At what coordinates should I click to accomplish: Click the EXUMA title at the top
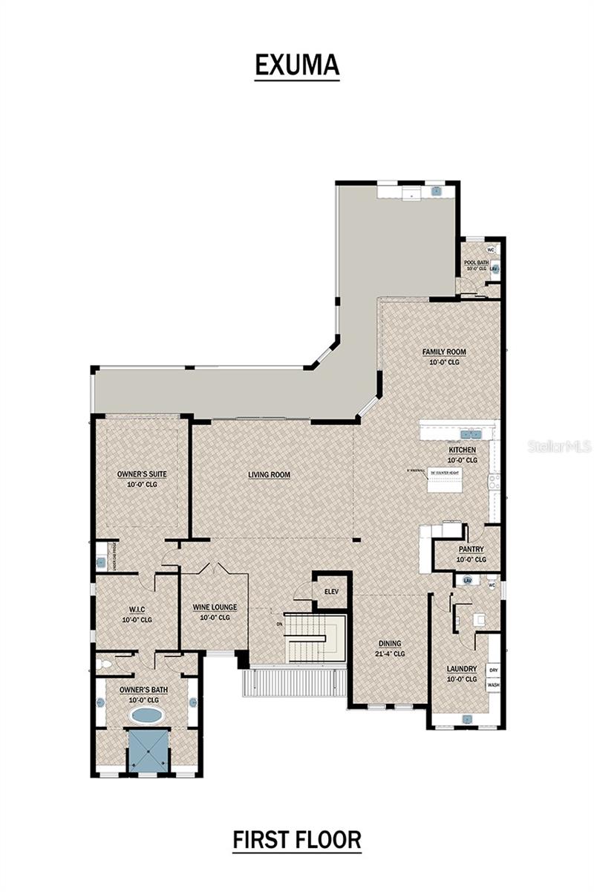(297, 65)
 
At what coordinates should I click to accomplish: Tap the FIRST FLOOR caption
(297, 840)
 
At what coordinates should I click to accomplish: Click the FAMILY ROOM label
(444, 352)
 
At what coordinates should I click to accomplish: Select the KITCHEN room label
(462, 450)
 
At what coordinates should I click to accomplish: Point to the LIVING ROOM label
(269, 474)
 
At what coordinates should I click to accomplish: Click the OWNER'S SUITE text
(141, 474)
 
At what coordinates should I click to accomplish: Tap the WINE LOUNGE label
(215, 607)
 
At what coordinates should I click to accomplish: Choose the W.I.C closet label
(136, 610)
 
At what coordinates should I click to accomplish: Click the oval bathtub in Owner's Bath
(147, 715)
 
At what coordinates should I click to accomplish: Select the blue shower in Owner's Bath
(147, 751)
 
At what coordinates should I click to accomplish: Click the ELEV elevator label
(330, 591)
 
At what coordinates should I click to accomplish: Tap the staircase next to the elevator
(317, 638)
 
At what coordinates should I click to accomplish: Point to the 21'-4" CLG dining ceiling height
(390, 654)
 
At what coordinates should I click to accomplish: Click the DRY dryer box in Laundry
(493, 670)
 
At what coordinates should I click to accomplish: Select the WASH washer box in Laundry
(493, 685)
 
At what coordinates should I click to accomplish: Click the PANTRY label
(470, 549)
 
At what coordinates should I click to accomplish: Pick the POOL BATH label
(476, 263)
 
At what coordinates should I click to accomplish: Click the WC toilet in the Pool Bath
(491, 250)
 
